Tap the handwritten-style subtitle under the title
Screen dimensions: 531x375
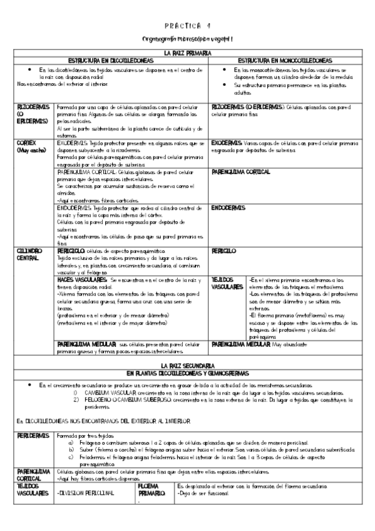point(187,39)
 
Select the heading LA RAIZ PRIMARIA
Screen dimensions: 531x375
point(187,54)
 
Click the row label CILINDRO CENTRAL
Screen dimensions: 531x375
point(30,254)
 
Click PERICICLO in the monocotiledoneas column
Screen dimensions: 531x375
point(224,250)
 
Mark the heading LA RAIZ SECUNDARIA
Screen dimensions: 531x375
point(187,364)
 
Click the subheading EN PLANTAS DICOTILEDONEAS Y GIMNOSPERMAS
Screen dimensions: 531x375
point(187,371)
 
